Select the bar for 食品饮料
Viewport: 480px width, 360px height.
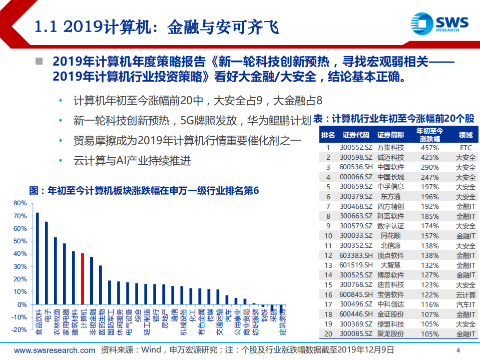37,259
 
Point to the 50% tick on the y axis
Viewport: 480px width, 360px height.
20,241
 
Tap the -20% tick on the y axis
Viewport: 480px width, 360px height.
20,330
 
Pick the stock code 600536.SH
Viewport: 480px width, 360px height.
356,167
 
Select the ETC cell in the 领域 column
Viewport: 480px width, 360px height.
465,148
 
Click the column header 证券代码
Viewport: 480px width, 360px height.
356,135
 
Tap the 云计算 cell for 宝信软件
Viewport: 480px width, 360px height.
465,294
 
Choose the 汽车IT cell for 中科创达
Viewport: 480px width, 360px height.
465,304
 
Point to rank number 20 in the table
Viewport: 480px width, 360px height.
328,333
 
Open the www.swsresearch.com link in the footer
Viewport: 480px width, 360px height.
55,350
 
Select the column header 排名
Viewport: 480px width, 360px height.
328,135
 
